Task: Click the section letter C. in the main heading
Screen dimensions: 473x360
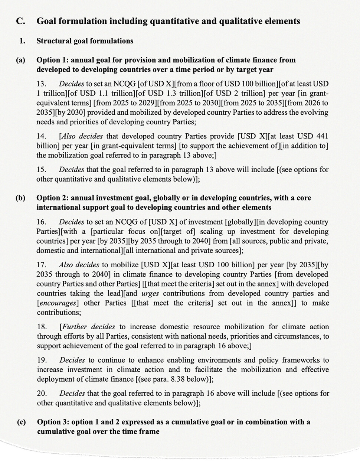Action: tap(20, 21)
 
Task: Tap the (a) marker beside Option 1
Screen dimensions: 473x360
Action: tap(20, 60)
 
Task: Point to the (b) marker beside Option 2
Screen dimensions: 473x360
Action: tap(20, 198)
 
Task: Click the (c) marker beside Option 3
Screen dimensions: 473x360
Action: tap(21, 422)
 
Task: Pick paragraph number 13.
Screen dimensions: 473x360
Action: tap(41, 84)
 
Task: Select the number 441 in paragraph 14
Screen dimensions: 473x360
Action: tap(321, 136)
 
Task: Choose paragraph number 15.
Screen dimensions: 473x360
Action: tap(41, 170)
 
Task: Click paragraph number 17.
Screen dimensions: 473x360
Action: tap(41, 265)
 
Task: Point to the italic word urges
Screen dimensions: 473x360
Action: tap(150, 293)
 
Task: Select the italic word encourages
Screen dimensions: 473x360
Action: tap(58, 303)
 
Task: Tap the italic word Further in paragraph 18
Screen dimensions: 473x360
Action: tap(75, 327)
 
